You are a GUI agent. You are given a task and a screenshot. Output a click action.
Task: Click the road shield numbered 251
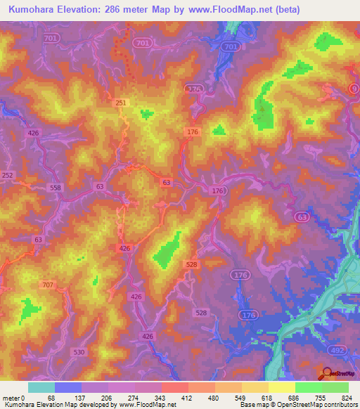(x=121, y=103)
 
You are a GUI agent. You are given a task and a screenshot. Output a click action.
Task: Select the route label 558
(x=56, y=188)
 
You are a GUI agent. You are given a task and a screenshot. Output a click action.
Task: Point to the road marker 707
(x=48, y=285)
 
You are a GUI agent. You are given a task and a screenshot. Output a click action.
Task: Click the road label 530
(x=79, y=351)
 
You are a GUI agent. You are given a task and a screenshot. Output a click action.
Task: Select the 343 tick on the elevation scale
(x=162, y=397)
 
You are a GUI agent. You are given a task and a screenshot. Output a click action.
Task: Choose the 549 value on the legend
(x=242, y=397)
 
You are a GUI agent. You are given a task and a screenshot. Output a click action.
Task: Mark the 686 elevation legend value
(x=295, y=397)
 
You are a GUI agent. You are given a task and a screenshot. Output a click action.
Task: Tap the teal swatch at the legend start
(x=41, y=387)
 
